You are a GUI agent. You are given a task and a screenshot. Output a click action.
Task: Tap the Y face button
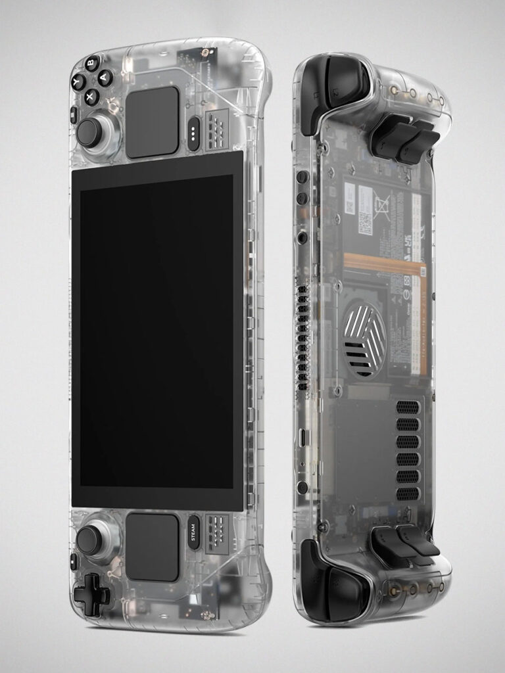pyautogui.click(x=78, y=82)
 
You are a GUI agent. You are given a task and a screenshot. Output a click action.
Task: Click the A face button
pyautogui.click(x=105, y=78)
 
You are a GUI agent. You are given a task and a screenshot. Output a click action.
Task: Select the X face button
pyautogui.click(x=91, y=97)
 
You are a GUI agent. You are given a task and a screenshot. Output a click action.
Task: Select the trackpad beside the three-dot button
pyautogui.click(x=153, y=122)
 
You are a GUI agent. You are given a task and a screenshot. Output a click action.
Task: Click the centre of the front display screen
pyautogui.click(x=156, y=331)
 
